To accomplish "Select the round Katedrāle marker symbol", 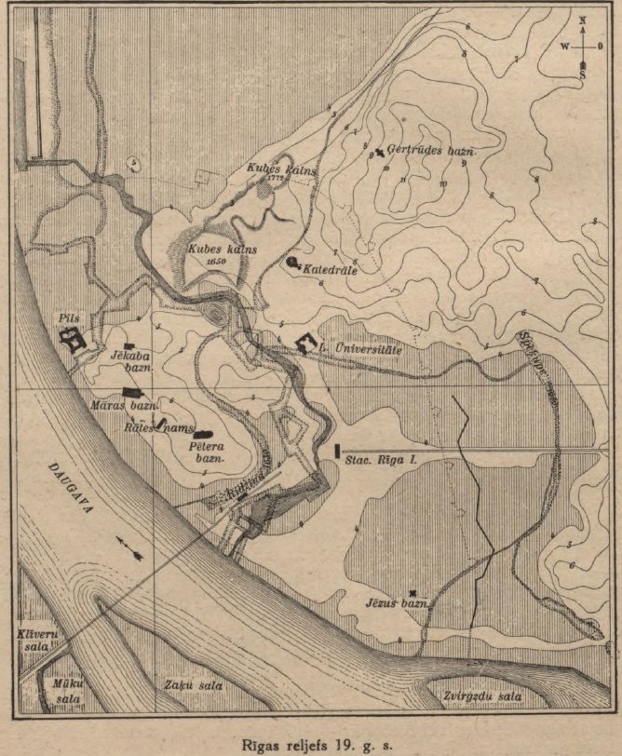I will click(x=292, y=263).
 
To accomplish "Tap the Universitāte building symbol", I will click(x=305, y=342).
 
